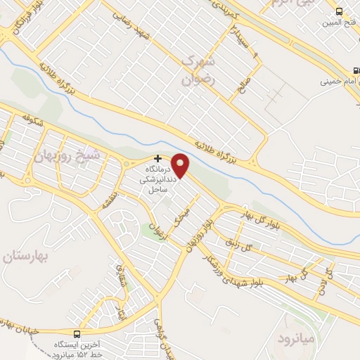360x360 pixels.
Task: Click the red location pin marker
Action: click(x=181, y=165)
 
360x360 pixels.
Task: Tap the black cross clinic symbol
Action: click(x=158, y=159)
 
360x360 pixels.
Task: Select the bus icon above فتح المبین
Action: click(x=340, y=11)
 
